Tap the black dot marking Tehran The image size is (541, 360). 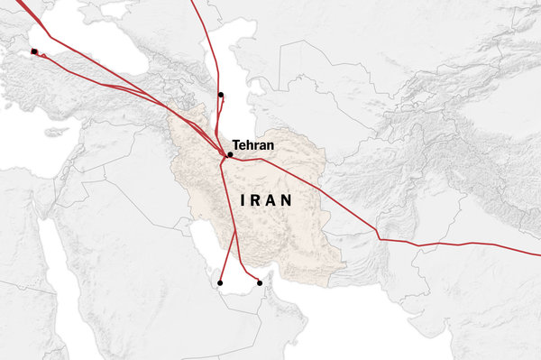(230, 155)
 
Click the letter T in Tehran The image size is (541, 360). (235, 144)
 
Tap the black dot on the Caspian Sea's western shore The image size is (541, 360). (221, 95)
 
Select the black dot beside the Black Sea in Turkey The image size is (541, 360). (34, 51)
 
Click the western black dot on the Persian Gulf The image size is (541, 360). (220, 283)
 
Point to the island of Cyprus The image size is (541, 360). (56, 133)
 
